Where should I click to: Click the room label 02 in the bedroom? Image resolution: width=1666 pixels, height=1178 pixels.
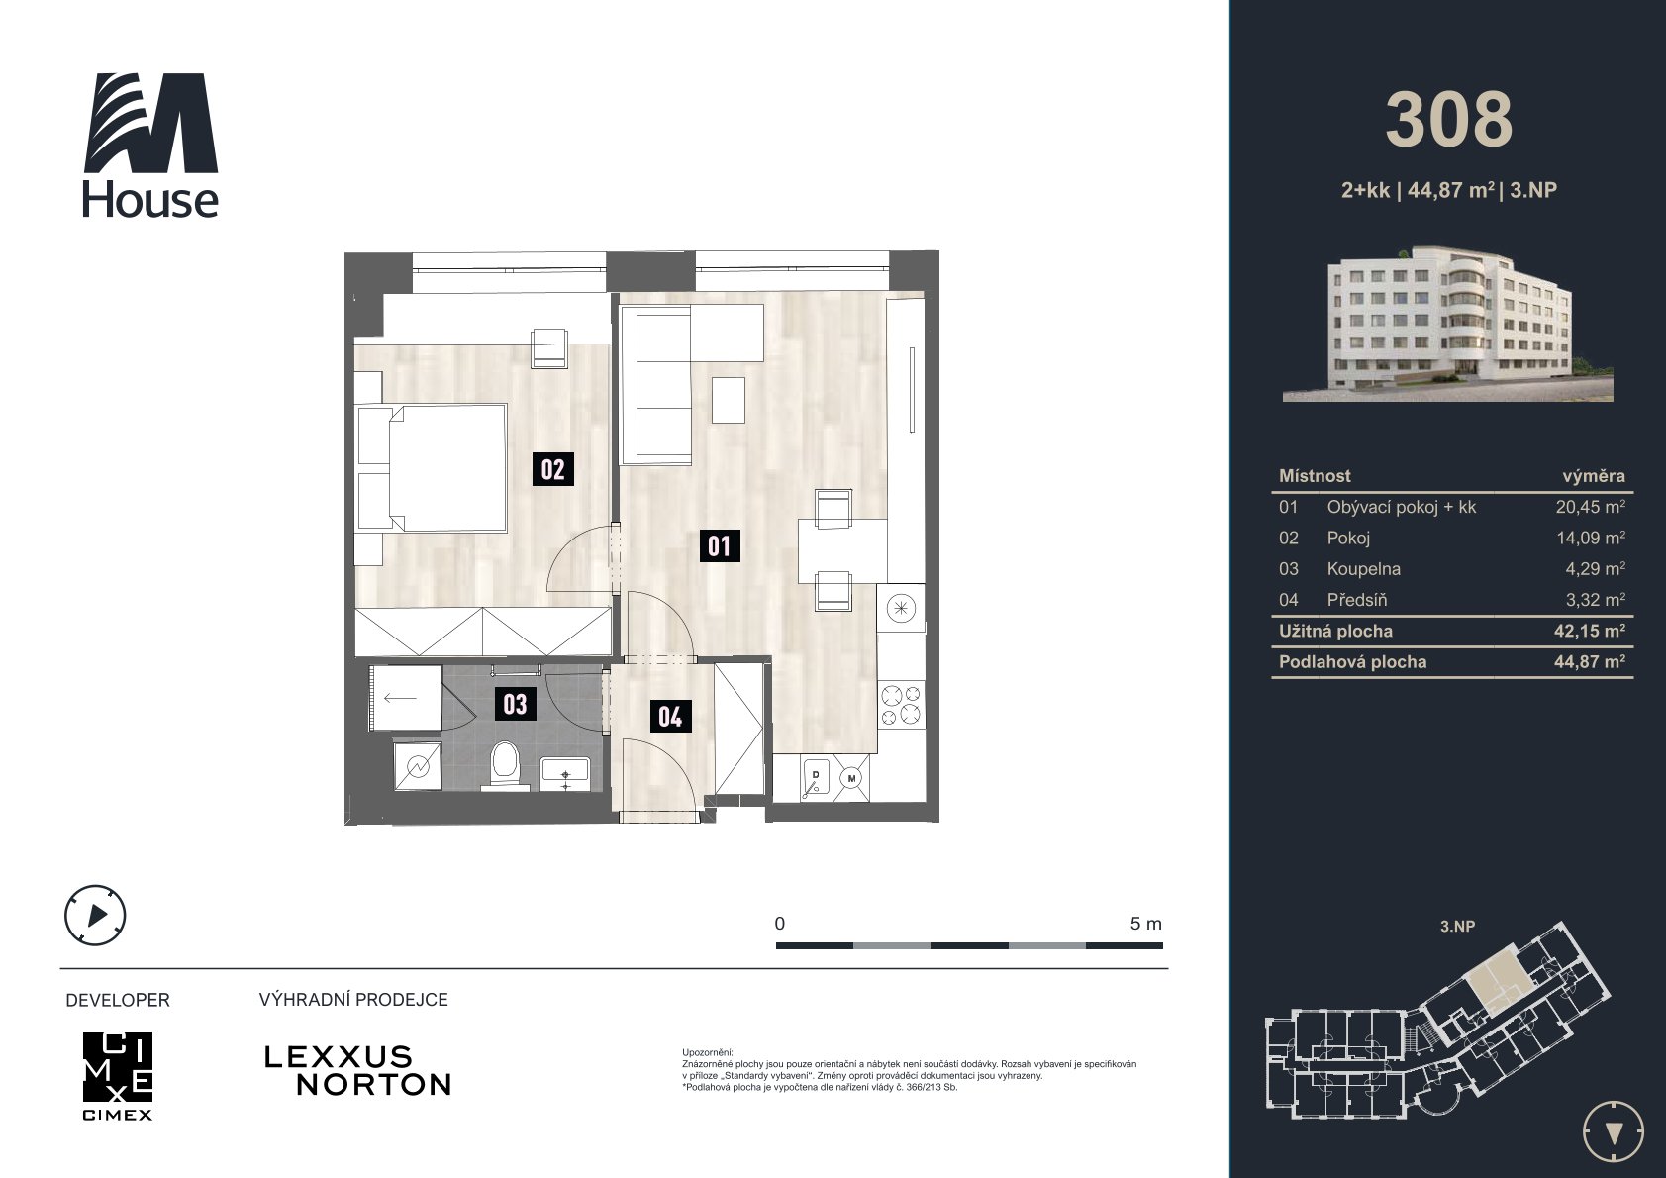pyautogui.click(x=552, y=469)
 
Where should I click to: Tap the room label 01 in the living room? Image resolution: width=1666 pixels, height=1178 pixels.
pyautogui.click(x=720, y=545)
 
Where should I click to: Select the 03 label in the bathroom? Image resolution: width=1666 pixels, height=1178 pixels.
pyautogui.click(x=515, y=704)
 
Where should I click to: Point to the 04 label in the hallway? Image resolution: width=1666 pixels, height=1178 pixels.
pyautogui.click(x=670, y=716)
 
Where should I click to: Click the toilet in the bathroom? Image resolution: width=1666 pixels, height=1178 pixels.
pyautogui.click(x=504, y=764)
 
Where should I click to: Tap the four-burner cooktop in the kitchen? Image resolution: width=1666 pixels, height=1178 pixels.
pyautogui.click(x=901, y=705)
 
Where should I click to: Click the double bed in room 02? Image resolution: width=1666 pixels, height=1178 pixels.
pyautogui.click(x=432, y=468)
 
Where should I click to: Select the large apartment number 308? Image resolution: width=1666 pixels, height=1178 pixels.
pyautogui.click(x=1449, y=120)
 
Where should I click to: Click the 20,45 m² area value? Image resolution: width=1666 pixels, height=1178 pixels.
pyautogui.click(x=1590, y=507)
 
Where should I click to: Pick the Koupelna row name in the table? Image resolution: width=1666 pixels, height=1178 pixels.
pyautogui.click(x=1363, y=569)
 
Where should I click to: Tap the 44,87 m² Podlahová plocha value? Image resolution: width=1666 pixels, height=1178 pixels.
pyautogui.click(x=1590, y=662)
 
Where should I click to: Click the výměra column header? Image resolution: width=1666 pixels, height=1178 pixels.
pyautogui.click(x=1593, y=476)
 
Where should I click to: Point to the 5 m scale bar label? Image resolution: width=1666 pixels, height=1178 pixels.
pyautogui.click(x=1145, y=924)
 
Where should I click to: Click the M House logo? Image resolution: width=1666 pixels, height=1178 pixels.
pyautogui.click(x=151, y=145)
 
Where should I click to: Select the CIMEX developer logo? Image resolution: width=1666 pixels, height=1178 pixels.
pyautogui.click(x=118, y=1075)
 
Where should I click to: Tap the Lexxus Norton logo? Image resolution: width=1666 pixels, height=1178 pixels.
pyautogui.click(x=357, y=1071)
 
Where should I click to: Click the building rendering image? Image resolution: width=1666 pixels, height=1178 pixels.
pyautogui.click(x=1447, y=324)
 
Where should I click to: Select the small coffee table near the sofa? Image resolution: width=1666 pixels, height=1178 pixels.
pyautogui.click(x=729, y=400)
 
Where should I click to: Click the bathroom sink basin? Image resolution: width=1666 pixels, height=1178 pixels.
pyautogui.click(x=565, y=773)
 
